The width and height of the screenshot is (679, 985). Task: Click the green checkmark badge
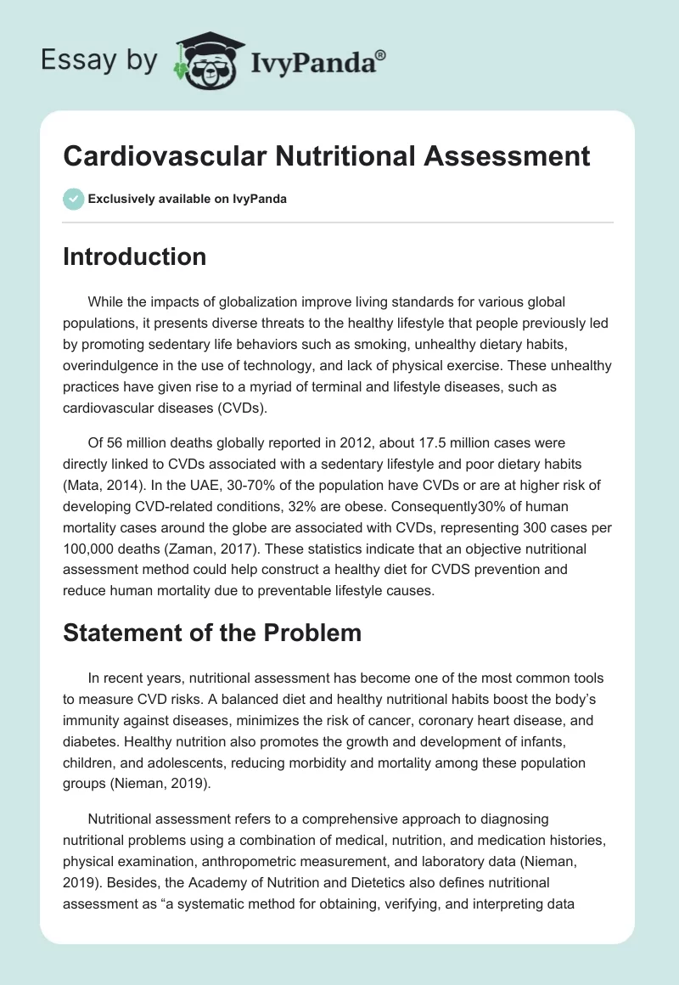pos(73,199)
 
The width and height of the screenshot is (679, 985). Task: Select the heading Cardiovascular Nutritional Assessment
pos(326,157)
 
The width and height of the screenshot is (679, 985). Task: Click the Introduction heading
pos(134,256)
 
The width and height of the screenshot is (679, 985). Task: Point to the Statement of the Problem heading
pos(212,632)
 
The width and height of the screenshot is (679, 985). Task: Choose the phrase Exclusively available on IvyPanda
pos(187,199)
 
